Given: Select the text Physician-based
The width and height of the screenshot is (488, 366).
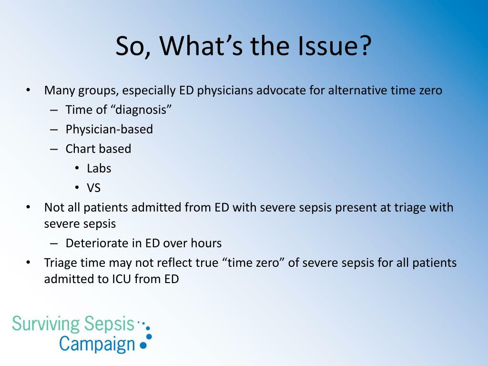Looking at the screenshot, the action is pyautogui.click(x=109, y=130).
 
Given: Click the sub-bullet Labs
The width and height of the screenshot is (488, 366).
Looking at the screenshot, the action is pyautogui.click(x=99, y=168).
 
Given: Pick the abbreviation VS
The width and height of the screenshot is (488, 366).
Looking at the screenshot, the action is pyautogui.click(x=94, y=188).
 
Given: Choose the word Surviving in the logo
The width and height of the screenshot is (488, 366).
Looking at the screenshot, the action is pyautogui.click(x=46, y=324).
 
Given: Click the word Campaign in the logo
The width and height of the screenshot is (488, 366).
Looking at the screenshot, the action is pyautogui.click(x=97, y=344).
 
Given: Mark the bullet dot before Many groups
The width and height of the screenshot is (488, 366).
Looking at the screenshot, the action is pyautogui.click(x=28, y=90).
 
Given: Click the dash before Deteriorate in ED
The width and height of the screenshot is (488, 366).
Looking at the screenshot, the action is pyautogui.click(x=54, y=244).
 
